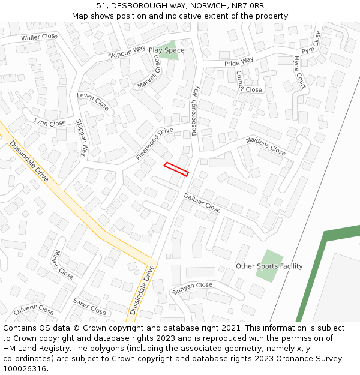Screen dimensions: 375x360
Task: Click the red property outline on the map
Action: click(x=176, y=169)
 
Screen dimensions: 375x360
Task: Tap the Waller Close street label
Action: click(x=39, y=37)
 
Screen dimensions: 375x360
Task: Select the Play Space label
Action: click(x=166, y=50)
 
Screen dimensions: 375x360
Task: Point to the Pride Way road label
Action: click(x=239, y=62)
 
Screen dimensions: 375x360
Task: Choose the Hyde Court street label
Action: click(x=299, y=73)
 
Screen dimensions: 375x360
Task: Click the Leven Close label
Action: click(x=93, y=102)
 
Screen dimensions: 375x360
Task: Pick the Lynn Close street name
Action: click(x=50, y=123)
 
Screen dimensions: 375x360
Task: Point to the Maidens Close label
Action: click(x=266, y=146)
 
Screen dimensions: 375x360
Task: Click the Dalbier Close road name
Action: click(x=202, y=202)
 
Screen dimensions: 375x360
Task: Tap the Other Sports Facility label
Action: click(x=269, y=266)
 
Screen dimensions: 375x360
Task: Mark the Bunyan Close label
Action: click(x=192, y=289)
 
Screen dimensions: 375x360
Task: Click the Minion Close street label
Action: click(x=64, y=265)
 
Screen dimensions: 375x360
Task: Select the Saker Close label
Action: click(x=89, y=307)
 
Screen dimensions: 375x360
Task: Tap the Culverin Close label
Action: click(x=34, y=310)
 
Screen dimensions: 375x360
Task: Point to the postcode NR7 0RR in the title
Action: click(x=248, y=5)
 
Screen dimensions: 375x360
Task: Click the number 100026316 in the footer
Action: click(x=25, y=369)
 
